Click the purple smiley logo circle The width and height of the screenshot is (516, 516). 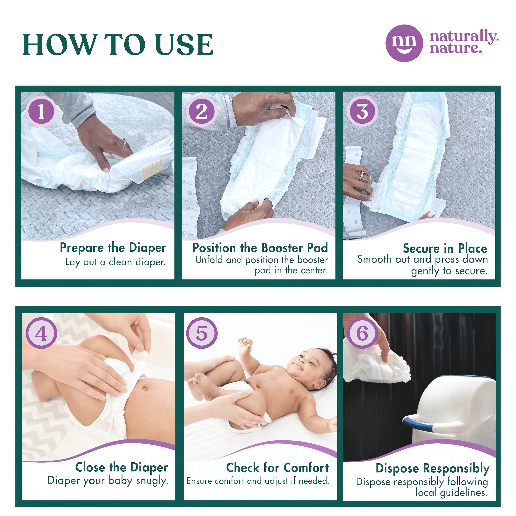[404, 43]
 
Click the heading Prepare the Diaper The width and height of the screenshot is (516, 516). [113, 248]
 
